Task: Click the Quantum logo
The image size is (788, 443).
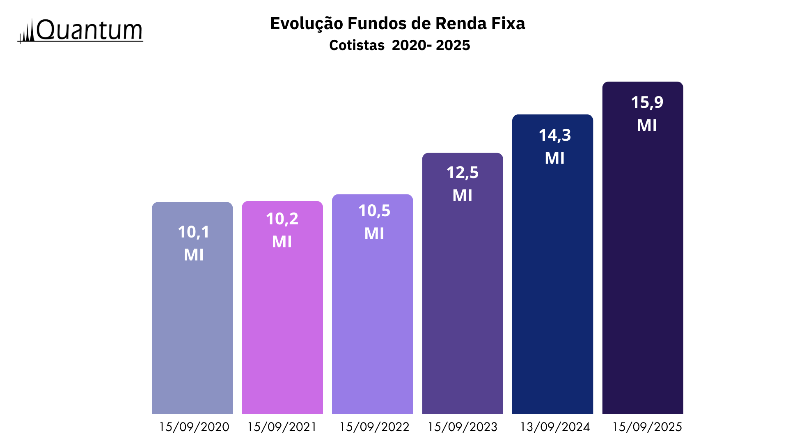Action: pyautogui.click(x=80, y=31)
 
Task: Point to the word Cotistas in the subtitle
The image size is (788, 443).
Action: pyautogui.click(x=357, y=45)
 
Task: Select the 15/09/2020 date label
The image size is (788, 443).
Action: pyautogui.click(x=194, y=427)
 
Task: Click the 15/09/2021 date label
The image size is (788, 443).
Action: pyautogui.click(x=282, y=427)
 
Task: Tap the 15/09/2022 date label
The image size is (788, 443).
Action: pyautogui.click(x=374, y=427)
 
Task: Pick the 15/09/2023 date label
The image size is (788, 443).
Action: pyautogui.click(x=462, y=427)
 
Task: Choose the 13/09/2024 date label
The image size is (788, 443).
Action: pyautogui.click(x=554, y=427)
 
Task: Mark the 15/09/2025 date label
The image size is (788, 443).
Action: pyautogui.click(x=647, y=427)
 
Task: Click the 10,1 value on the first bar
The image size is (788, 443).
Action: pyautogui.click(x=194, y=232)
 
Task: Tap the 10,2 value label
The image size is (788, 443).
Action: pyautogui.click(x=282, y=219)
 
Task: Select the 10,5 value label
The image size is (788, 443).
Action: pyautogui.click(x=374, y=211)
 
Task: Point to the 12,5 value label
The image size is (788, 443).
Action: pyautogui.click(x=462, y=173)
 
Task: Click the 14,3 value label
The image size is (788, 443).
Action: pyautogui.click(x=554, y=135)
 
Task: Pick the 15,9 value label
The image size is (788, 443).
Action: pyautogui.click(x=647, y=103)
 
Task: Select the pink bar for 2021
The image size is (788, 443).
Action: pyautogui.click(x=282, y=328)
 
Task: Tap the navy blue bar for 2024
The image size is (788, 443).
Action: pyautogui.click(x=552, y=287)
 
